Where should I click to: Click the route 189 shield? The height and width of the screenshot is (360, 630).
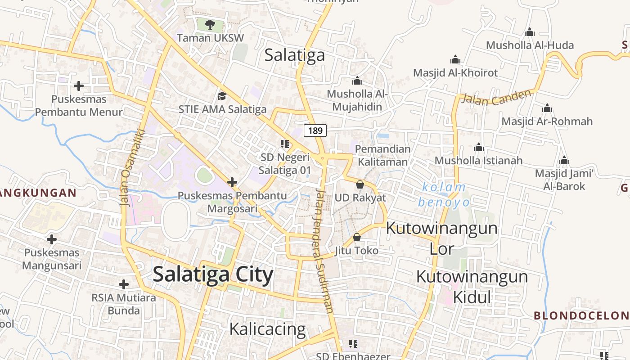[x=315, y=130]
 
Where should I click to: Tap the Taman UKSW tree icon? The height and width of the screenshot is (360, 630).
[x=210, y=24]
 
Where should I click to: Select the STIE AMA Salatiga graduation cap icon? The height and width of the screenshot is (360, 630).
[x=222, y=96]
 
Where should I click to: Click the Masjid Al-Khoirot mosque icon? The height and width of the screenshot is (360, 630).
[x=455, y=59]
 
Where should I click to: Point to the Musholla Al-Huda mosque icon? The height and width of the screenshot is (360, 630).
[x=530, y=32]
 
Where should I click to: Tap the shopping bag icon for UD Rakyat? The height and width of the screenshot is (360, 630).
[x=360, y=184]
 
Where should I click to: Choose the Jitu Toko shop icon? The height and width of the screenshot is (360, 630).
[x=357, y=237]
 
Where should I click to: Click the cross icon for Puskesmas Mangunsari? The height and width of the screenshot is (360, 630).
[x=52, y=239]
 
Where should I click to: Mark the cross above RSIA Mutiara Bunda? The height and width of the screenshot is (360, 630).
[x=124, y=284]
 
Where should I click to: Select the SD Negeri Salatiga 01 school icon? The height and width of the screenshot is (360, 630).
[x=284, y=144]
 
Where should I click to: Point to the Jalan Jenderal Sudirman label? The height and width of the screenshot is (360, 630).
[x=324, y=250]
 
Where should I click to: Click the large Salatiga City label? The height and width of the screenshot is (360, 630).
[x=213, y=274]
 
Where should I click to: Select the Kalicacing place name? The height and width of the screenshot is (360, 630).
[x=267, y=329]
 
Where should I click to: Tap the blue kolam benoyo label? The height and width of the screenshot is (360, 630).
[x=444, y=194]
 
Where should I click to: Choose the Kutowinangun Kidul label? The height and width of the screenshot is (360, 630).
[x=472, y=286]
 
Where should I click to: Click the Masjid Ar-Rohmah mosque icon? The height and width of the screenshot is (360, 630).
[x=547, y=108]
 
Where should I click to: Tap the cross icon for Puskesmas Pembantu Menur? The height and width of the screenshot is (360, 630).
[x=79, y=85]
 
